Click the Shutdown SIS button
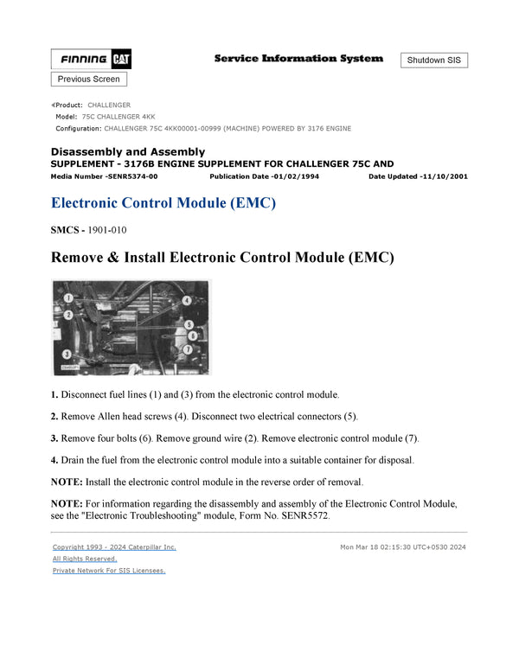click(x=434, y=61)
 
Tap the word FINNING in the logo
click(x=84, y=61)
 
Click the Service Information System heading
click(x=298, y=59)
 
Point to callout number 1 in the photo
click(x=67, y=299)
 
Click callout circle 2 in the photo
click(x=67, y=314)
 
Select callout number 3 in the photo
click(x=67, y=355)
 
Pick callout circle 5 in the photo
click(x=188, y=324)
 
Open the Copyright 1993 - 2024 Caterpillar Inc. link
click(x=114, y=547)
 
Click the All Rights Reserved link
click(x=85, y=559)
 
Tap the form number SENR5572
click(x=306, y=516)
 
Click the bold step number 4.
click(x=54, y=459)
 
